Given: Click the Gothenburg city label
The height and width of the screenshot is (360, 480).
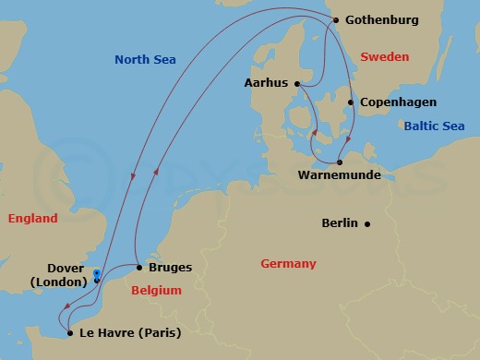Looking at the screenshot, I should (x=382, y=19).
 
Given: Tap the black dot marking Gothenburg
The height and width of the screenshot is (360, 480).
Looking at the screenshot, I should (x=336, y=19).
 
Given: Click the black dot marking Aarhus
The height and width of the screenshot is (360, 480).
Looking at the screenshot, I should (x=297, y=83).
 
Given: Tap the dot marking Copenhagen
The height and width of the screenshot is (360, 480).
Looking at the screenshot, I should (x=351, y=102).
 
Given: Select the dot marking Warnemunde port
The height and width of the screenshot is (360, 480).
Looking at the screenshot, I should (x=340, y=162).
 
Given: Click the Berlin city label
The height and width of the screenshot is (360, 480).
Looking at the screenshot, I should (x=340, y=222).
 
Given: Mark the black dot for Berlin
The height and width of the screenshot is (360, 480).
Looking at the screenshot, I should (x=367, y=222).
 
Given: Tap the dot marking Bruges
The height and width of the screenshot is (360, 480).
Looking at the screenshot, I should (x=139, y=268).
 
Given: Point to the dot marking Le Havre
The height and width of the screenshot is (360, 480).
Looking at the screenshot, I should (x=70, y=333).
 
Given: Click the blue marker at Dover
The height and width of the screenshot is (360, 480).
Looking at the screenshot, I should (x=97, y=277).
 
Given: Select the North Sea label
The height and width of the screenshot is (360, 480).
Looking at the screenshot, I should (x=144, y=60).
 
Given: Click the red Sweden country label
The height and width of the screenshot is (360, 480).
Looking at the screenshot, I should (x=383, y=57).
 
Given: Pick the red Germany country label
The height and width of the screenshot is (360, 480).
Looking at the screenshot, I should (x=288, y=264).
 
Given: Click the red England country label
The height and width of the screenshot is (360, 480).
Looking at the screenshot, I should (x=32, y=219).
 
